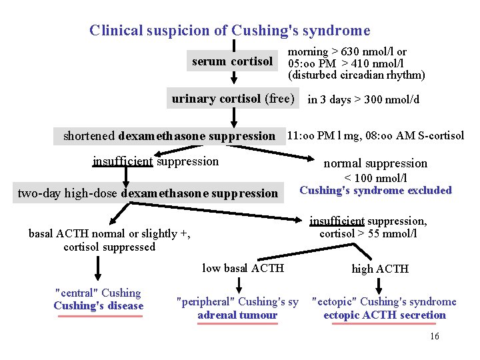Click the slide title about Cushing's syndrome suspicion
point(229,31)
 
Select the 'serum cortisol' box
point(232,62)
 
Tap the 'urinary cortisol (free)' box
point(233,99)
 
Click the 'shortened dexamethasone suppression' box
point(169,136)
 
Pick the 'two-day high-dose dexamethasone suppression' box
point(147,193)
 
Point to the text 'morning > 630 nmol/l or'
point(347,51)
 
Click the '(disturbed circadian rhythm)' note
point(356,75)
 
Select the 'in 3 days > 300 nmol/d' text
point(363,100)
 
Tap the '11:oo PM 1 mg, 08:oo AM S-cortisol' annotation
point(375,136)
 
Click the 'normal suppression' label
point(375,163)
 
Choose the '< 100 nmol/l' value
point(375,178)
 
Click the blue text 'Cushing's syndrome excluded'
point(375,191)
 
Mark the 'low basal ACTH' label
point(243,268)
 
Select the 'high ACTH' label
point(380,269)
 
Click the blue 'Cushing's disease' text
point(98,306)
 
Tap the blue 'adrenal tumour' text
point(237,315)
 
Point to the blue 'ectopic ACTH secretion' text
point(384,315)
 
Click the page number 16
point(435,337)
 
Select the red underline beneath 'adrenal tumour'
point(237,323)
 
